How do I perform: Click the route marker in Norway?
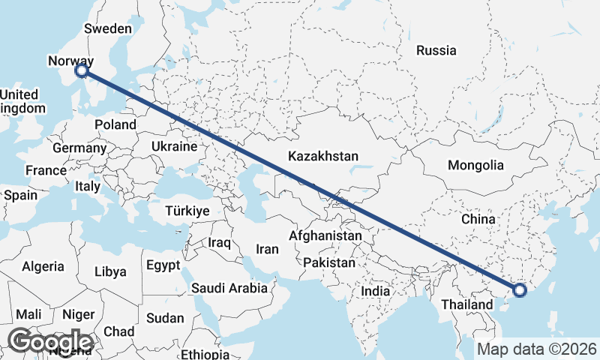coord(82,71)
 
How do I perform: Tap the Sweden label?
coord(108,28)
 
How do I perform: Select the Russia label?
coord(436,51)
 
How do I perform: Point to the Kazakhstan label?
coord(324,157)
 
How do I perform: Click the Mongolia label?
coord(475,165)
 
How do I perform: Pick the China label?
coord(478,219)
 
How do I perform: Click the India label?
coord(375,290)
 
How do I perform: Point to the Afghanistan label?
coord(325,235)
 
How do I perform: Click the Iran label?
coord(268,249)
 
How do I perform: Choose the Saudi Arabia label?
coord(229,287)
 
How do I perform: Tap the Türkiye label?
coord(186,211)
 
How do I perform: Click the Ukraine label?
coord(174,146)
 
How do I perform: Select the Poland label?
coord(115,124)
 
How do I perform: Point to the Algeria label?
coord(43,266)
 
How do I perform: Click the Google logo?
coord(50,341)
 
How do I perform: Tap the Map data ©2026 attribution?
coord(537,349)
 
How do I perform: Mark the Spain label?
coord(20,195)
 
